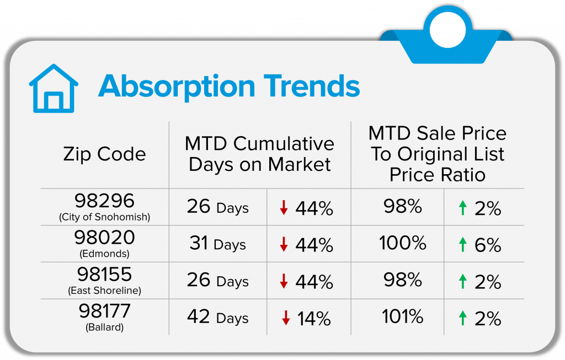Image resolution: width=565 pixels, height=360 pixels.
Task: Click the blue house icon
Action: [54, 89]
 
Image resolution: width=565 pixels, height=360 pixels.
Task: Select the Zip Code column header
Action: [104, 154]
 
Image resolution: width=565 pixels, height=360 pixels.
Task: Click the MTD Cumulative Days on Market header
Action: [259, 154]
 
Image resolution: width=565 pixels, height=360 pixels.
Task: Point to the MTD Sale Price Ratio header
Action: [438, 154]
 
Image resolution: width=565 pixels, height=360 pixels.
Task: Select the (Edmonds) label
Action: [104, 254]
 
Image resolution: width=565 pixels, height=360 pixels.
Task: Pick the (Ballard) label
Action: [104, 327]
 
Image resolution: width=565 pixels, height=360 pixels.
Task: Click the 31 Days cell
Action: [217, 244]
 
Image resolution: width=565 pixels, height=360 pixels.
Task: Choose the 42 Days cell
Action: [217, 318]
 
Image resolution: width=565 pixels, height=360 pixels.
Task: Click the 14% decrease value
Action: [314, 318]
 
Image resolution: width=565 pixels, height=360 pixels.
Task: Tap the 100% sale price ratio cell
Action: [403, 243]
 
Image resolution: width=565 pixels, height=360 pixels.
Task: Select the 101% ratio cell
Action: [403, 317]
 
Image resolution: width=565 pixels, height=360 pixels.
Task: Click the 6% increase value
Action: [487, 245]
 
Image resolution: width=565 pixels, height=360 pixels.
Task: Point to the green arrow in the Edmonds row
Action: [463, 245]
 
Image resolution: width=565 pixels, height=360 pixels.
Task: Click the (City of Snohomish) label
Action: [104, 217]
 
